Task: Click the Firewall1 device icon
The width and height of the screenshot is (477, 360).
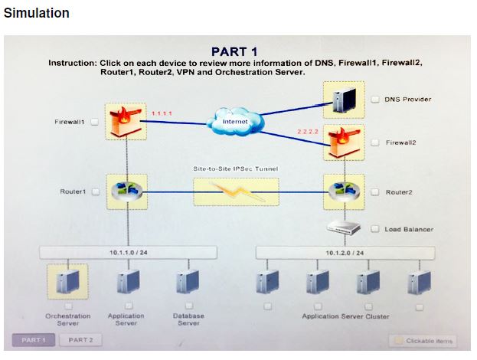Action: pos(126,121)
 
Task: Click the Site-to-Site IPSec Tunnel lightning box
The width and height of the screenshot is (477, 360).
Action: pos(235,191)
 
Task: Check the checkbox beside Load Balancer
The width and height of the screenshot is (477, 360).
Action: pos(376,228)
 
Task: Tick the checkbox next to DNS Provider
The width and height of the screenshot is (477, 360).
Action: pos(376,99)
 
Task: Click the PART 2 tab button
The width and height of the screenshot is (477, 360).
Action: pos(80,339)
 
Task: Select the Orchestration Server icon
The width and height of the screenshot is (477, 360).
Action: pos(67,283)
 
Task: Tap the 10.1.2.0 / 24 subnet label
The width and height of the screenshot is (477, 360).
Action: pos(343,251)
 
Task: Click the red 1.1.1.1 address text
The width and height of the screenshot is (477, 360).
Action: pos(162,113)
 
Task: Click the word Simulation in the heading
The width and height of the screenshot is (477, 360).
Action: pos(37,13)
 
